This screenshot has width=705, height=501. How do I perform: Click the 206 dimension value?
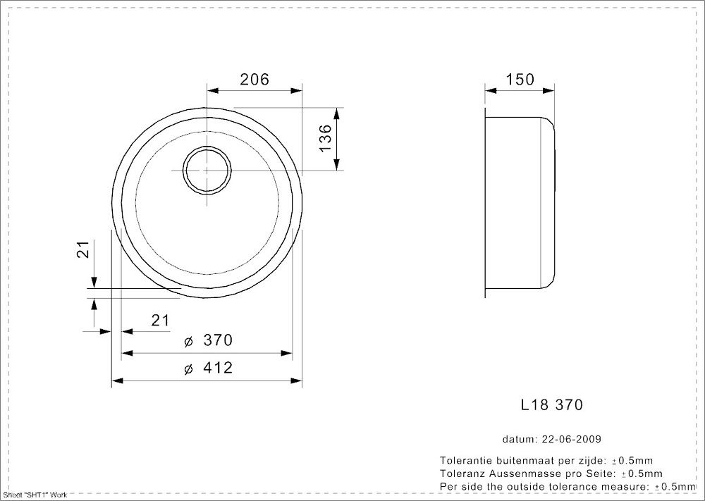pyautogui.click(x=255, y=80)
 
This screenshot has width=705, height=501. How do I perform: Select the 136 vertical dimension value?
pyautogui.click(x=324, y=139)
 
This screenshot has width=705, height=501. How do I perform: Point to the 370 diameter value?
pyautogui.click(x=218, y=341)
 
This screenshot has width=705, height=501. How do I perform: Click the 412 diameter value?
pyautogui.click(x=218, y=369)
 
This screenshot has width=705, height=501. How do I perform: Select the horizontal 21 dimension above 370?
pyautogui.click(x=161, y=321)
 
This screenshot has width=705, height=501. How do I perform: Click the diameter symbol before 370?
pyautogui.click(x=188, y=342)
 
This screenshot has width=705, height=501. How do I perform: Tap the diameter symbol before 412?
pyautogui.click(x=188, y=369)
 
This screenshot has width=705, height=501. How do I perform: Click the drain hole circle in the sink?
pyautogui.click(x=206, y=170)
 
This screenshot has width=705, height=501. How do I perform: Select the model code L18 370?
pyautogui.click(x=551, y=405)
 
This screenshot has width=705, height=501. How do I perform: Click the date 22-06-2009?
pyautogui.click(x=571, y=439)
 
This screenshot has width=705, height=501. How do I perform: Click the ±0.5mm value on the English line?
pyautogui.click(x=676, y=486)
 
